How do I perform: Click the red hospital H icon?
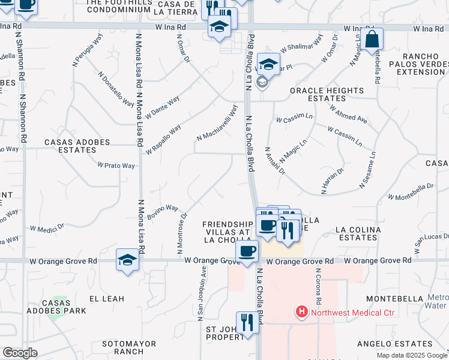click(x=301, y=312)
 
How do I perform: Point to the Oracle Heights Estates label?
click(x=327, y=94)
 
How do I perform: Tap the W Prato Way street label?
click(x=116, y=166)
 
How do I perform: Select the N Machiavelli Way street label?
click(x=217, y=123)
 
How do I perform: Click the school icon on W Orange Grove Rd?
click(x=127, y=260)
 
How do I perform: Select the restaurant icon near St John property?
click(x=247, y=322)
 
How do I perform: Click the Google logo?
click(x=20, y=353)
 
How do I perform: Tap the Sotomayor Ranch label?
click(x=129, y=348)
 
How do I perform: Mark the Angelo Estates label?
click(x=394, y=344)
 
